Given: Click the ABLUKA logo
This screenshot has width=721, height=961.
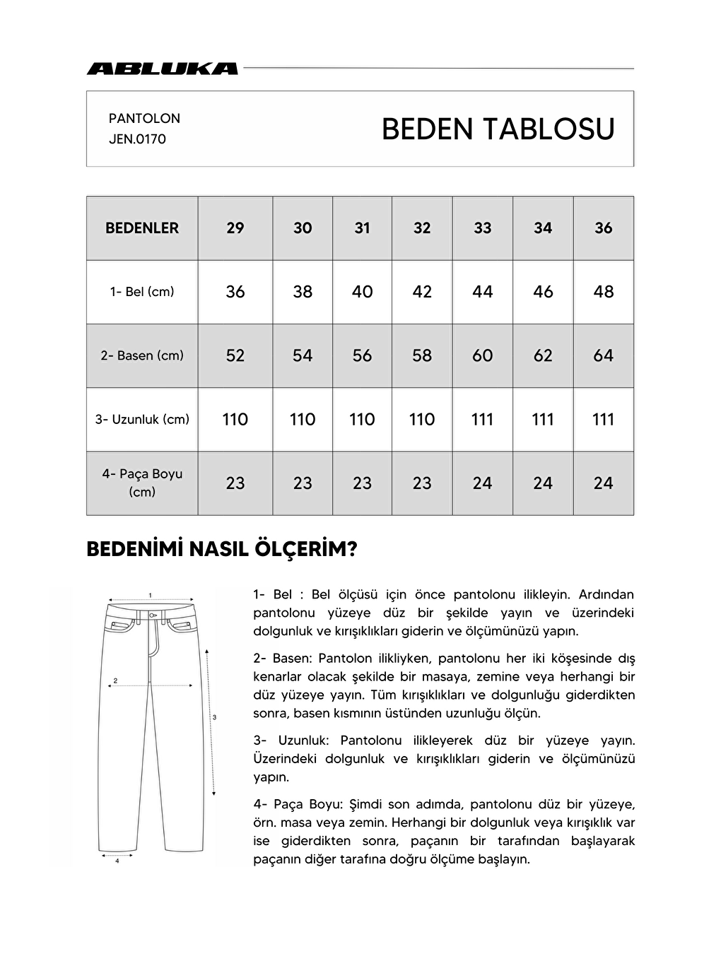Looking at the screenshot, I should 162,69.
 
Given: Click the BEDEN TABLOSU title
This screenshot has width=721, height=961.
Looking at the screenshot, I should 498,129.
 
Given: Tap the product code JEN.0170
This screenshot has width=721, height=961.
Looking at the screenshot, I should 137,139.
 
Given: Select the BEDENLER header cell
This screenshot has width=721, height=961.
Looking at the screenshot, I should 142,228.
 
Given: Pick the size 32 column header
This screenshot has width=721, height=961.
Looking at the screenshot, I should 422,228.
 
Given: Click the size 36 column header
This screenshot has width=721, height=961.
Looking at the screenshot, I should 603,228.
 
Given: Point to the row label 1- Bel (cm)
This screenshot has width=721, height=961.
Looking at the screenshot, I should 142,292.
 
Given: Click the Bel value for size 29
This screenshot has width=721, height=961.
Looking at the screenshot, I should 235,292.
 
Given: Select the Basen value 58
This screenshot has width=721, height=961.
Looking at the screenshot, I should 422,355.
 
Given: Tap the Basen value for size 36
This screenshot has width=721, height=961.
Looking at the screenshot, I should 603,355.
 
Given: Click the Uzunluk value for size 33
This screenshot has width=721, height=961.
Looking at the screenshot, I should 483,420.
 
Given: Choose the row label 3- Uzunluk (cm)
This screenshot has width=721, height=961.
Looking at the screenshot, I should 142,420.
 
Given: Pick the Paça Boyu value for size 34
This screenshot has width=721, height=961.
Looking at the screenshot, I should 543,483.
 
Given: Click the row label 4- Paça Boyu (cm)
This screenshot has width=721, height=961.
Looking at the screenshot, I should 142,483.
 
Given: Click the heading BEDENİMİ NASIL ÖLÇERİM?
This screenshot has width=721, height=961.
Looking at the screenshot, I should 222,550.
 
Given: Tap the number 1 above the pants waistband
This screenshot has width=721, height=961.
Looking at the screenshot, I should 151,595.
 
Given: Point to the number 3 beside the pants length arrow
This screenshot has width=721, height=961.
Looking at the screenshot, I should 214,717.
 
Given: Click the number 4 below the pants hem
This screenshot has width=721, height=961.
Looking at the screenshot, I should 117,861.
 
